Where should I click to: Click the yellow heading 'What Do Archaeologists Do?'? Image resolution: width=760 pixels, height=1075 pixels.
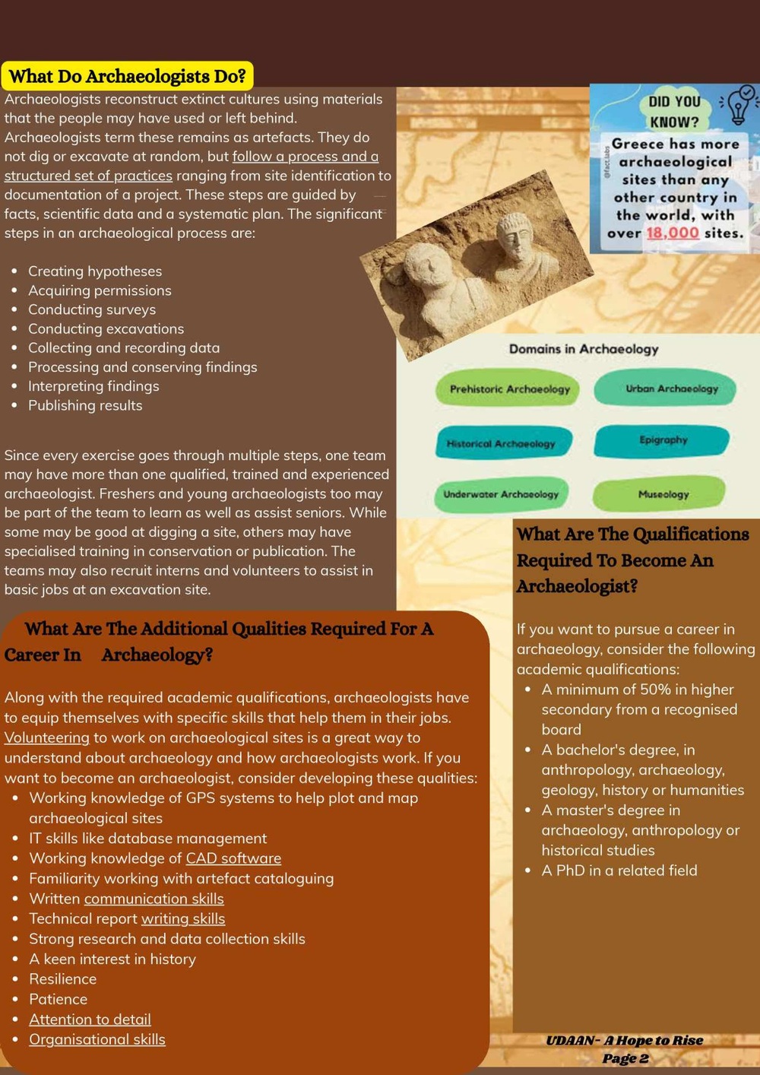coord(128,76)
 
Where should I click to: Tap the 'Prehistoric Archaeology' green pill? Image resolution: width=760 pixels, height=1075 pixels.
coord(509,389)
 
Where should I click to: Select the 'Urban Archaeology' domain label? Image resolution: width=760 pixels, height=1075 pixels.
coord(671,388)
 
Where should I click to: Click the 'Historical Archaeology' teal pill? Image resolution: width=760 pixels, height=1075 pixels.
coord(502,443)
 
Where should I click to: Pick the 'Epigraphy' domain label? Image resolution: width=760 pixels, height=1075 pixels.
coord(663,440)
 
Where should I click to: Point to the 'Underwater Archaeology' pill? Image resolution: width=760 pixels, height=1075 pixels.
coord(501,494)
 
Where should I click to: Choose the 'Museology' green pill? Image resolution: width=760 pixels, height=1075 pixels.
coord(663,494)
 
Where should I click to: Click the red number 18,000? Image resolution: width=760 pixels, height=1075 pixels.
coord(672,233)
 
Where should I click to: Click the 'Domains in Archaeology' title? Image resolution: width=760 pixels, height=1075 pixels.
coord(583,349)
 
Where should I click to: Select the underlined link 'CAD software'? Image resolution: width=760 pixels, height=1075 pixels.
coord(233,858)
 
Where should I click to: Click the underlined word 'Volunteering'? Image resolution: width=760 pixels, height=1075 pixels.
coord(47,737)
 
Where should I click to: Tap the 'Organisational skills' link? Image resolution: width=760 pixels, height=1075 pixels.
coord(97,1039)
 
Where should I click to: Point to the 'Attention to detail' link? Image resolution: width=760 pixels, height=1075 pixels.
coord(90,1020)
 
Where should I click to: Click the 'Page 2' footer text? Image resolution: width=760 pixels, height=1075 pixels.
coord(625,1058)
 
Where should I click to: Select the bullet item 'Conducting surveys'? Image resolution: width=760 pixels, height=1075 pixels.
coord(92,309)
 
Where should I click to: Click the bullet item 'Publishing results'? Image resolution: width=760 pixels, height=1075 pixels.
coord(85,405)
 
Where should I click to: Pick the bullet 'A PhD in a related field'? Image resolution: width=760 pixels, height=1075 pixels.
coord(619,870)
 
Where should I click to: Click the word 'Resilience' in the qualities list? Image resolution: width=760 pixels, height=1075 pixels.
coord(63,979)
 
